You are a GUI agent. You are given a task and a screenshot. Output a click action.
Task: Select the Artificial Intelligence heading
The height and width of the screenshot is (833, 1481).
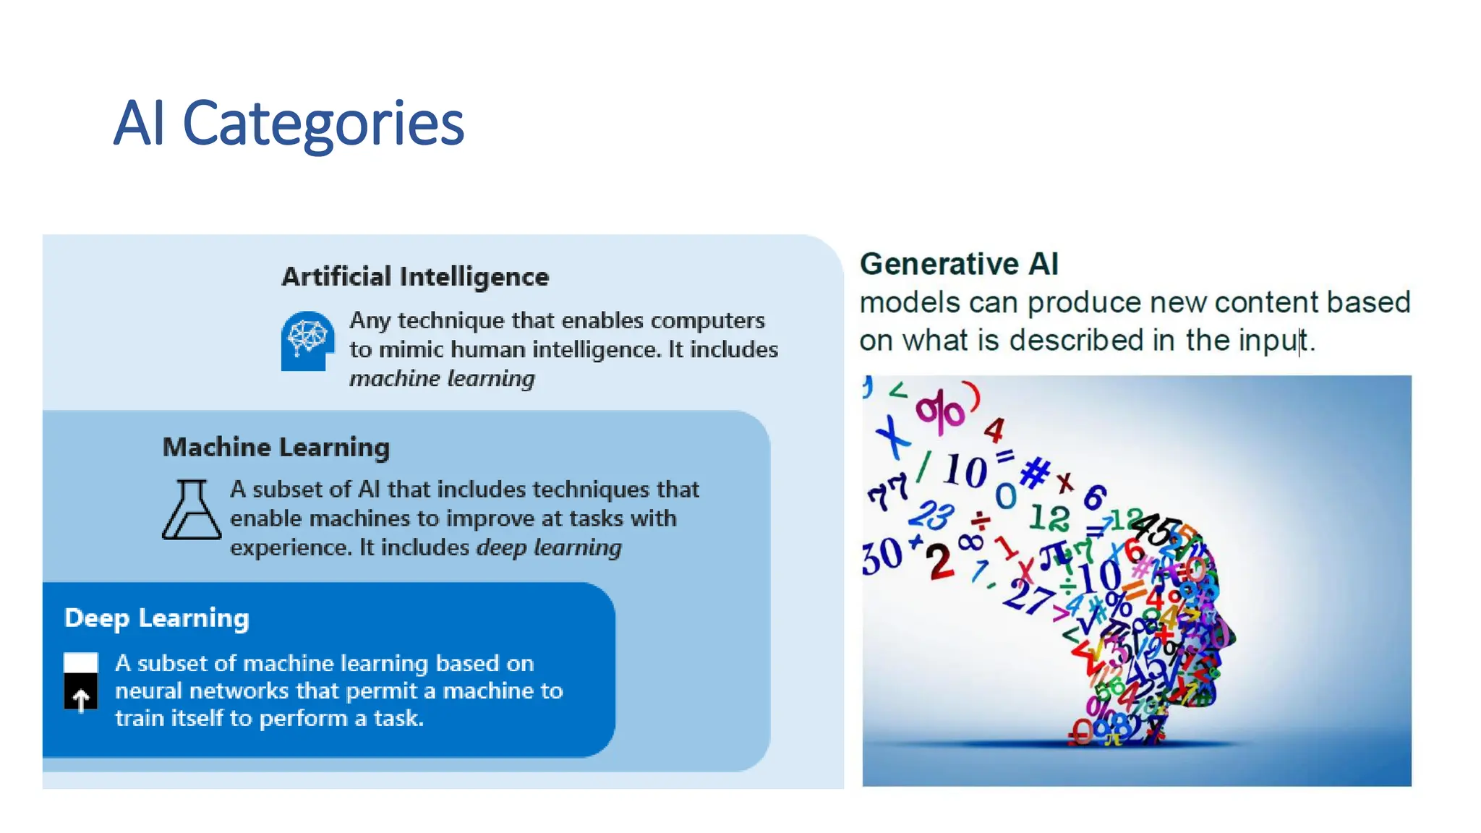coord(414,277)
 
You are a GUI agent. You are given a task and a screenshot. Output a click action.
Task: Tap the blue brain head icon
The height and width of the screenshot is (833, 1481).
coord(307,341)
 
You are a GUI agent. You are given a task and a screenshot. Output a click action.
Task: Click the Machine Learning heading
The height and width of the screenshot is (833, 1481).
coord(276,448)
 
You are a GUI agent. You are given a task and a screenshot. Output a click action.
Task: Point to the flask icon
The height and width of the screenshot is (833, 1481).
coord(191,510)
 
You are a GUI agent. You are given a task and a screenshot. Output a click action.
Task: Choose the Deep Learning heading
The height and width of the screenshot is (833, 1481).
coord(156,618)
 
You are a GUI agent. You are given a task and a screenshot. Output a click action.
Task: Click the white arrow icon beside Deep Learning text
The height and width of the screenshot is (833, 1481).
coord(81,698)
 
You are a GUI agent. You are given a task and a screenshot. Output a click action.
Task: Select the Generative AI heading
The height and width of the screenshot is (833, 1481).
coord(958,264)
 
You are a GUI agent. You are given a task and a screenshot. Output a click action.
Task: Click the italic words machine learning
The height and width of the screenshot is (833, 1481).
coord(442,378)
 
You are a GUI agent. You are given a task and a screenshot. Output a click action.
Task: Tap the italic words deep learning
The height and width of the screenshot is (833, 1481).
coord(549,547)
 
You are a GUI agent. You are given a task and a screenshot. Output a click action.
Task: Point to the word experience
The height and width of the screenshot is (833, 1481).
coord(291,548)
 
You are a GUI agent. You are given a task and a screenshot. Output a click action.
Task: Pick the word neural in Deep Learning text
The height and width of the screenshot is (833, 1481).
coord(148,691)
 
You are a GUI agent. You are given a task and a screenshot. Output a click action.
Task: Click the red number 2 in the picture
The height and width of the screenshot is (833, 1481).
coord(939,563)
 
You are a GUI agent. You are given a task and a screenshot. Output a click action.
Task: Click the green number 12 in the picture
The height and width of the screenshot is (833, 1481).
coord(1049,518)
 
